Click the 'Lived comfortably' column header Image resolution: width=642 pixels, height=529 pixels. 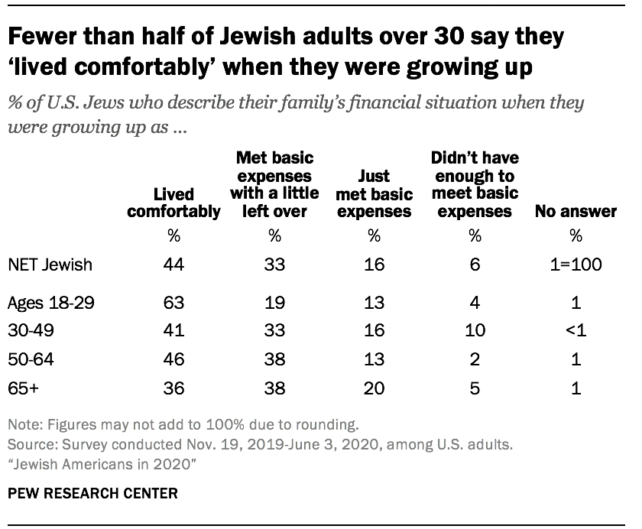pos(173,203)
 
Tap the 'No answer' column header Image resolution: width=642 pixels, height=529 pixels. pos(576,211)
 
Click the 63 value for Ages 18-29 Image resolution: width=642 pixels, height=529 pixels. pos(173,302)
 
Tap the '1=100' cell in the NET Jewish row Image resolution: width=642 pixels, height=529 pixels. pos(576,265)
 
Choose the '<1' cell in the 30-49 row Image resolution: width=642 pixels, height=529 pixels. pos(576,331)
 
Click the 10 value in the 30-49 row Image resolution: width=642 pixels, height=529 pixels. pos(475,331)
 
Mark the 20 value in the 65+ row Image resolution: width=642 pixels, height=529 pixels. pos(374,388)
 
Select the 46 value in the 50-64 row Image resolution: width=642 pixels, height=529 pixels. pos(173,359)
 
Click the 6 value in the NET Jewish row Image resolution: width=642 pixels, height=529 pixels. pos(475,265)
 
